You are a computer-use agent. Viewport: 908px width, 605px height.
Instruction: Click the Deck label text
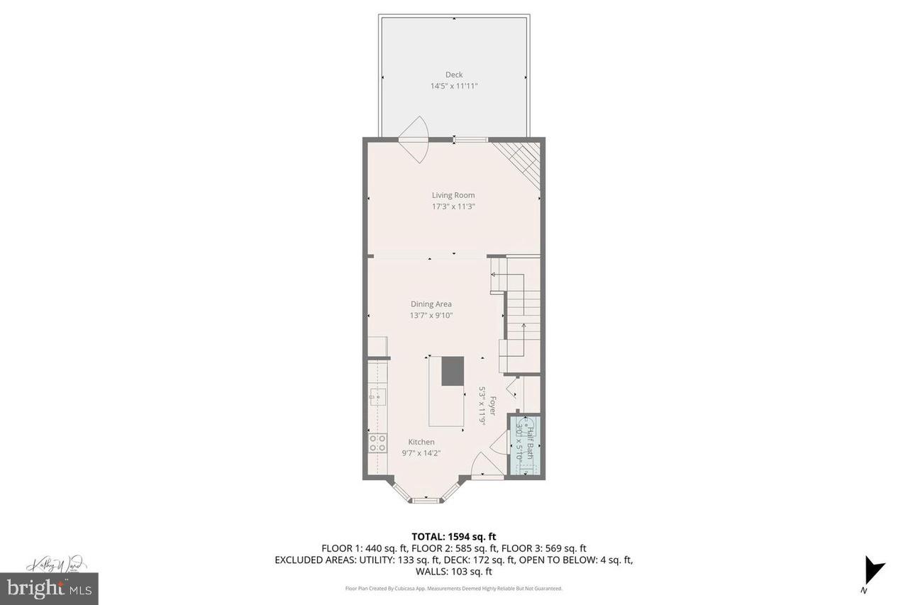[454, 74]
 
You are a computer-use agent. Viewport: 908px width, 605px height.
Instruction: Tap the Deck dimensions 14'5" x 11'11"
[454, 86]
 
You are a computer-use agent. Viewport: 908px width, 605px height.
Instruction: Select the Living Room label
[453, 195]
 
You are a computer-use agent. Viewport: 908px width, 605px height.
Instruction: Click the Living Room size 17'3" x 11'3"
[453, 206]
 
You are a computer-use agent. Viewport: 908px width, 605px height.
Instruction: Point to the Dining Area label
[431, 304]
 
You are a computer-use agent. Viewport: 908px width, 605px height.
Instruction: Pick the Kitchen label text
[421, 442]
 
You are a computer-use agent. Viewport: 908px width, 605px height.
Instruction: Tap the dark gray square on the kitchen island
[453, 371]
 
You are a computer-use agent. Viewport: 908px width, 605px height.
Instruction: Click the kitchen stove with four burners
[377, 443]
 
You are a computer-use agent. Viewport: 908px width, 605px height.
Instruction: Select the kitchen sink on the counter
[377, 396]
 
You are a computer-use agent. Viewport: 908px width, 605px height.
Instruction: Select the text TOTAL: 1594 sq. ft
[454, 536]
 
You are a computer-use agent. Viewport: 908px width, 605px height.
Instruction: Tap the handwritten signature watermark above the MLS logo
[57, 565]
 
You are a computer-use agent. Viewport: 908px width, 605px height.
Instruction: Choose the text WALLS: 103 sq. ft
[454, 571]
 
